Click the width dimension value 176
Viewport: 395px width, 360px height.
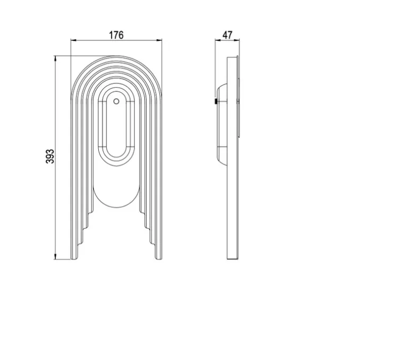click(116, 35)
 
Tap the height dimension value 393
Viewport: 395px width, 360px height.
click(50, 157)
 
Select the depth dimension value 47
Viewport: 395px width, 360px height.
click(227, 35)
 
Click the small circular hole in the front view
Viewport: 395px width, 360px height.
click(116, 101)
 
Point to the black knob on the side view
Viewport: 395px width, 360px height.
click(216, 101)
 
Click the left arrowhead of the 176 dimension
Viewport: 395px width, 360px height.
click(73, 40)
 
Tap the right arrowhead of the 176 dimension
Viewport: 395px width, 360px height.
click(159, 40)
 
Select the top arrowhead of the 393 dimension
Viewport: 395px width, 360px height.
click(55, 59)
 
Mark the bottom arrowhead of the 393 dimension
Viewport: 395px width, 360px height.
click(55, 256)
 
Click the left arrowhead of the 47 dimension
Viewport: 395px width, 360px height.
click(218, 40)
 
